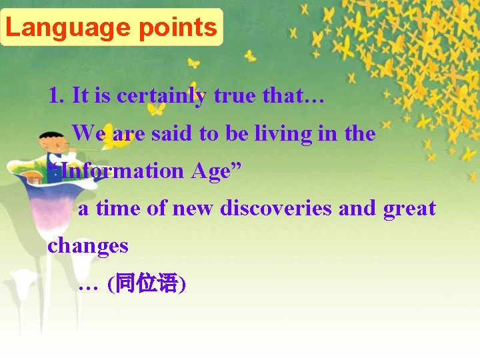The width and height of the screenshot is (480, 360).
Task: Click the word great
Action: [409, 208]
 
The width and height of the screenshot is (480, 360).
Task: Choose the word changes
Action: [87, 245]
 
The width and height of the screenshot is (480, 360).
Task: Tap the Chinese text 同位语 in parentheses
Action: [146, 284]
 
